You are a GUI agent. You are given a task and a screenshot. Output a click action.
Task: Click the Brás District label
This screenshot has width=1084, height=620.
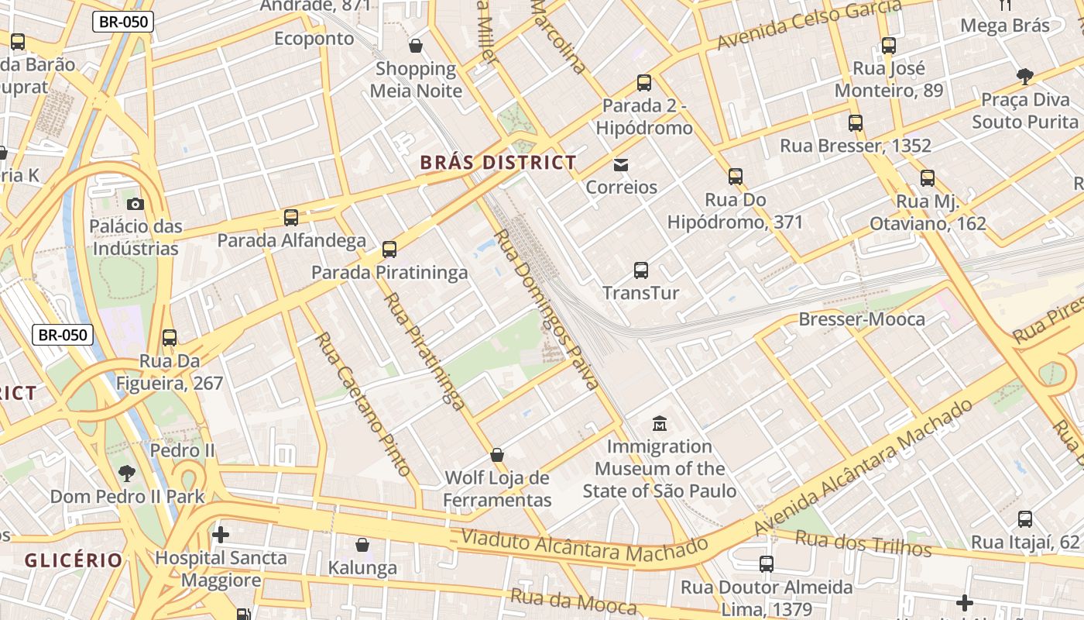(498, 163)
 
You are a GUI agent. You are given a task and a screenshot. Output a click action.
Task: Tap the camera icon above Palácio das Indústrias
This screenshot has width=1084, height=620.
(135, 204)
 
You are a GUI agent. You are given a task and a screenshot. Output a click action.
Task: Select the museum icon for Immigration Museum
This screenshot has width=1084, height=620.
(659, 423)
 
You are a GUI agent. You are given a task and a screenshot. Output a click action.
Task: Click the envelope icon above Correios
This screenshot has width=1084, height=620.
(621, 164)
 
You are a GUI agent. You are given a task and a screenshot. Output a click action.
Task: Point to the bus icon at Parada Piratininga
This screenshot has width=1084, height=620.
(389, 250)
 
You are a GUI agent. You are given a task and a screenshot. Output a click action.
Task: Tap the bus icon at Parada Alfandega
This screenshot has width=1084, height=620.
(291, 218)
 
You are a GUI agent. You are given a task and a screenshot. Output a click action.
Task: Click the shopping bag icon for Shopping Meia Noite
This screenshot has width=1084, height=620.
(416, 46)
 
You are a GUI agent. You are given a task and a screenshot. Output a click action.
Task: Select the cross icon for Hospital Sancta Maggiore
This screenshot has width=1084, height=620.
(221, 534)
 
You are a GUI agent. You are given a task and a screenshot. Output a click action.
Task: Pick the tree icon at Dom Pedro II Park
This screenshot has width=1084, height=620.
(127, 473)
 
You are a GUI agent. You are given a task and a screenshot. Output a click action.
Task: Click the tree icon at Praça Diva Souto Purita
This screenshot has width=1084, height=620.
(1025, 76)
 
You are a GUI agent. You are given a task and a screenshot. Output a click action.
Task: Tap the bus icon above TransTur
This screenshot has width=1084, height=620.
(641, 270)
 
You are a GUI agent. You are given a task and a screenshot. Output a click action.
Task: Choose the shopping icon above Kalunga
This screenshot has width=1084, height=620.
(362, 545)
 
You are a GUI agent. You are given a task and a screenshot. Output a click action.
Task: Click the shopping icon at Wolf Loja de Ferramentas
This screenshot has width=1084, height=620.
(497, 455)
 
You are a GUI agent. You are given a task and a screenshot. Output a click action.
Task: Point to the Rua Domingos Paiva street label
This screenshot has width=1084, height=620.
(547, 309)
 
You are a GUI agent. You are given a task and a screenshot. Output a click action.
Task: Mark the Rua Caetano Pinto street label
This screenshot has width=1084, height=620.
(362, 403)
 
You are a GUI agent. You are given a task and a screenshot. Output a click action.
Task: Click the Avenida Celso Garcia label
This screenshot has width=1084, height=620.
(808, 24)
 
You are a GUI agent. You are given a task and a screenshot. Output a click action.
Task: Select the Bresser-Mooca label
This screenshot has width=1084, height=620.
(861, 319)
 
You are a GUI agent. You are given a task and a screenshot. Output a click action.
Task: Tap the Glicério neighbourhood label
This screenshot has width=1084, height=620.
(74, 560)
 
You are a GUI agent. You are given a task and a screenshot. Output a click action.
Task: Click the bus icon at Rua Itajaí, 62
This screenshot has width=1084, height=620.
(1025, 518)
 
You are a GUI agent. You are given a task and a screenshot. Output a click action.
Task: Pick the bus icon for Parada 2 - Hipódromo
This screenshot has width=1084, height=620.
(644, 83)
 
